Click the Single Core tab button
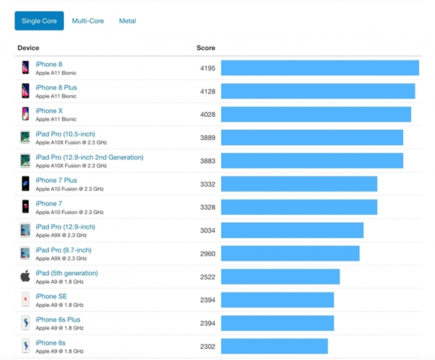click(x=39, y=21)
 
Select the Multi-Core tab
click(x=88, y=21)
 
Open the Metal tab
click(x=128, y=21)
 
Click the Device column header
click(x=28, y=48)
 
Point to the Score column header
click(x=206, y=48)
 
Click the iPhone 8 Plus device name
click(x=56, y=88)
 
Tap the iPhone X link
click(x=49, y=111)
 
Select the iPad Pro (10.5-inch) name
click(x=65, y=134)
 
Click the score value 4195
click(x=207, y=68)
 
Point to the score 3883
click(x=207, y=161)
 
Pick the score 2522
click(x=207, y=277)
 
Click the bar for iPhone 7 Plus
click(x=299, y=184)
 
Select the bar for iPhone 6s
click(x=274, y=346)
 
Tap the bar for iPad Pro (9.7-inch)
click(x=290, y=253)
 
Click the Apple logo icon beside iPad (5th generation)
click(x=25, y=277)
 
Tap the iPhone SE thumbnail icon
click(x=25, y=300)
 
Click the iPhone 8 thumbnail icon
click(x=25, y=67)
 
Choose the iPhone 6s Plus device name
click(x=58, y=320)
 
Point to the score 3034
click(x=207, y=231)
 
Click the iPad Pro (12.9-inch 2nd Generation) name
click(x=89, y=157)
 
